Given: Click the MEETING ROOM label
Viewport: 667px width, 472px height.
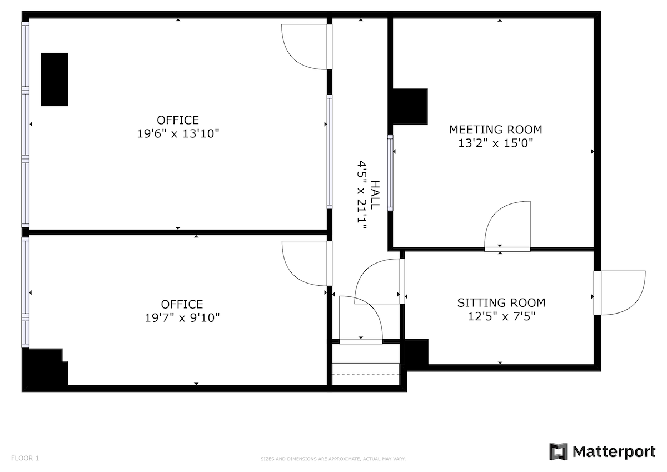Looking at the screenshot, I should (x=495, y=130).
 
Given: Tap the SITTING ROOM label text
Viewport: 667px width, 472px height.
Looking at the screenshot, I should (x=501, y=303).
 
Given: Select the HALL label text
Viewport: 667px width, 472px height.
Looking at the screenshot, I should (x=376, y=195).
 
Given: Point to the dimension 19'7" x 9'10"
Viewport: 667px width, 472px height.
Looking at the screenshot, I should (x=182, y=318).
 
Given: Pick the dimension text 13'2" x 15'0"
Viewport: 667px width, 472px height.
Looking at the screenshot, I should (x=495, y=143).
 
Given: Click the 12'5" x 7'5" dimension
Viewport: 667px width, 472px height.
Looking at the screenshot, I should (x=501, y=317).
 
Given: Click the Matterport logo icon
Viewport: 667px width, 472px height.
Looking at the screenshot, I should (x=558, y=451).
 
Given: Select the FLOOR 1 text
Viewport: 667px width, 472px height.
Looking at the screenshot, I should (x=25, y=458).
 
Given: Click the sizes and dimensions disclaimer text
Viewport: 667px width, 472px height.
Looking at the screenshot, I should (x=333, y=459).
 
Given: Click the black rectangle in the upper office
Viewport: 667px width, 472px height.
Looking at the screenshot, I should (x=54, y=80).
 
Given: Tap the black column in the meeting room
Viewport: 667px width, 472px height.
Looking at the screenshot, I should (x=410, y=106).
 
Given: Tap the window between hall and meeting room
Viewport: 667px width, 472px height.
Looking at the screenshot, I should (x=390, y=172).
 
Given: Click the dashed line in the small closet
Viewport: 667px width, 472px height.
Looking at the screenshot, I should (x=366, y=374).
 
